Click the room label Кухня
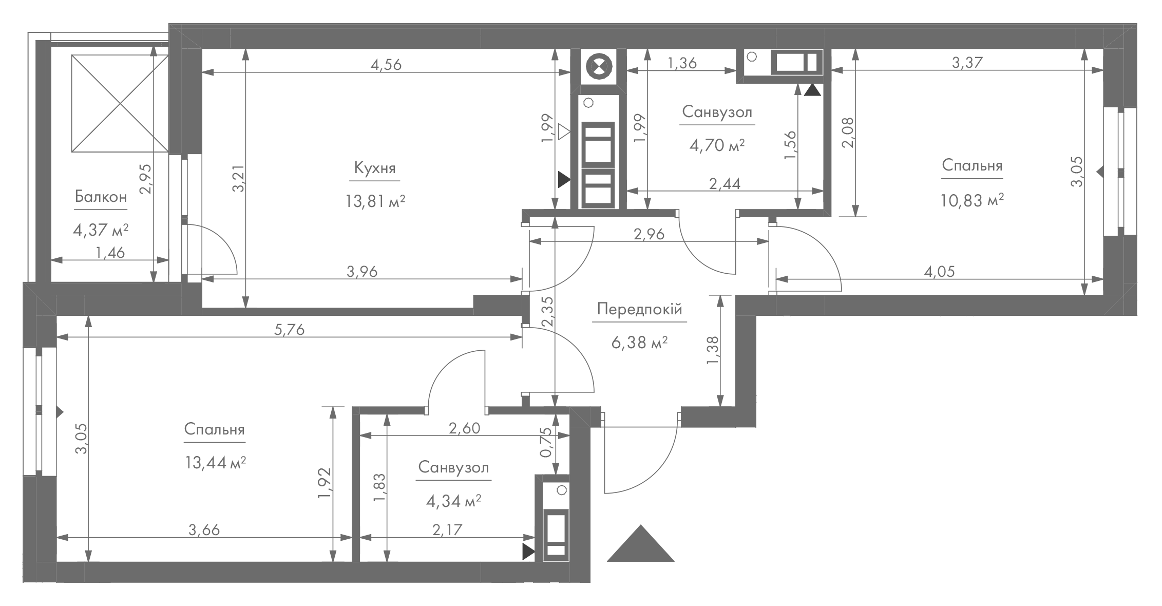tap(375, 168)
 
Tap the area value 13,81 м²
tap(375, 201)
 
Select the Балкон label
tap(101, 197)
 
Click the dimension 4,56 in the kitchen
tap(386, 65)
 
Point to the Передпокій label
tap(640, 309)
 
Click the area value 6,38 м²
tap(639, 342)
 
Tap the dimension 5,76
tap(289, 330)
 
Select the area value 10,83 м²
tap(972, 199)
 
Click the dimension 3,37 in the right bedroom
tap(967, 63)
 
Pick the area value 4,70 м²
tap(717, 145)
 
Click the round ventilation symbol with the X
tap(599, 67)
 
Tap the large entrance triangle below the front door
tap(640, 543)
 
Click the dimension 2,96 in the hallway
tap(649, 235)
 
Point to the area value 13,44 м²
tap(215, 463)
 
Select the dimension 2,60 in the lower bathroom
tap(465, 428)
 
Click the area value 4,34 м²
tap(453, 501)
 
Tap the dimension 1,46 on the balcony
tap(110, 253)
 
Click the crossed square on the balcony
tap(120, 104)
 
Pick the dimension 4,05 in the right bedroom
tap(940, 272)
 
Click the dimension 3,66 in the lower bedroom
tap(204, 530)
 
